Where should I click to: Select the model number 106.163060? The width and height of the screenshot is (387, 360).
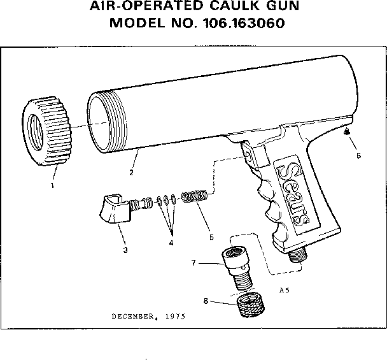(x=244, y=23)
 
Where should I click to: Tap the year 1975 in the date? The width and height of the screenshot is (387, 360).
(x=175, y=317)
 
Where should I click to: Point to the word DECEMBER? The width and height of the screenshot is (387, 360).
(x=133, y=317)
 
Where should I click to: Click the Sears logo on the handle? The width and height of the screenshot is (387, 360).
(x=293, y=194)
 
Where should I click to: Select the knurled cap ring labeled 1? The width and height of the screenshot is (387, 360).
(x=46, y=131)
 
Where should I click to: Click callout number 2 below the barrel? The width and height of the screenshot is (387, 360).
(x=131, y=173)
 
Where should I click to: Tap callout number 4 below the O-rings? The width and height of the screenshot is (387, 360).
(x=171, y=243)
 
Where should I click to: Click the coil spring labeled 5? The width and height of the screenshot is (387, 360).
(x=195, y=196)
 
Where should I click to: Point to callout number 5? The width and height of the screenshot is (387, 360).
(x=211, y=237)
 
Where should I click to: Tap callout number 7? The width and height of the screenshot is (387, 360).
(x=193, y=263)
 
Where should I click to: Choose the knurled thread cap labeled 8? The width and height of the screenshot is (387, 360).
(x=251, y=305)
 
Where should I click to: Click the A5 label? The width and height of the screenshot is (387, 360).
(x=285, y=290)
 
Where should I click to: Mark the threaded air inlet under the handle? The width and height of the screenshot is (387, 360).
(x=298, y=256)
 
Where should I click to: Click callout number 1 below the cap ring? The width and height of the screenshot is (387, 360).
(x=52, y=185)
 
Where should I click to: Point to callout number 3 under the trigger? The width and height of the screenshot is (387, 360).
(x=125, y=250)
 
